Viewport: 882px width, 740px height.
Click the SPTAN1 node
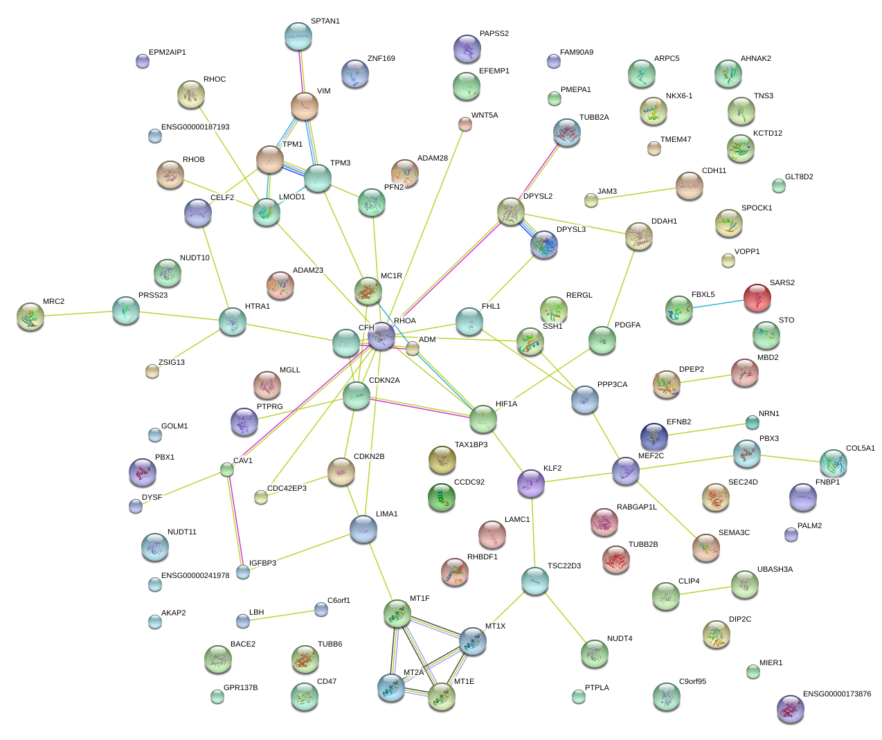tap(298, 37)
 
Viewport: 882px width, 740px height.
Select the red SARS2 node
tap(757, 298)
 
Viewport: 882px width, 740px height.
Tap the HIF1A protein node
tap(483, 419)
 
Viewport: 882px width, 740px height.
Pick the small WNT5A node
tap(465, 124)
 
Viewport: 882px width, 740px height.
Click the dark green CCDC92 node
tap(442, 496)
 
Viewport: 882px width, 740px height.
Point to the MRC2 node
tap(30, 316)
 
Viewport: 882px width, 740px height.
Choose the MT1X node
tap(473, 641)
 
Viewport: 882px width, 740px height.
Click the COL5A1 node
tap(833, 462)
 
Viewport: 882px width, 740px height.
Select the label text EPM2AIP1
tap(167, 53)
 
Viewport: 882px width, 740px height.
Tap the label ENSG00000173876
tap(836, 694)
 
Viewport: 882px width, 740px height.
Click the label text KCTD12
tap(767, 134)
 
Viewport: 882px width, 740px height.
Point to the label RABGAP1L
tap(636, 507)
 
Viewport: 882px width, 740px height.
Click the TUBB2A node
tap(567, 133)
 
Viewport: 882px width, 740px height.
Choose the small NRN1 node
tap(753, 422)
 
